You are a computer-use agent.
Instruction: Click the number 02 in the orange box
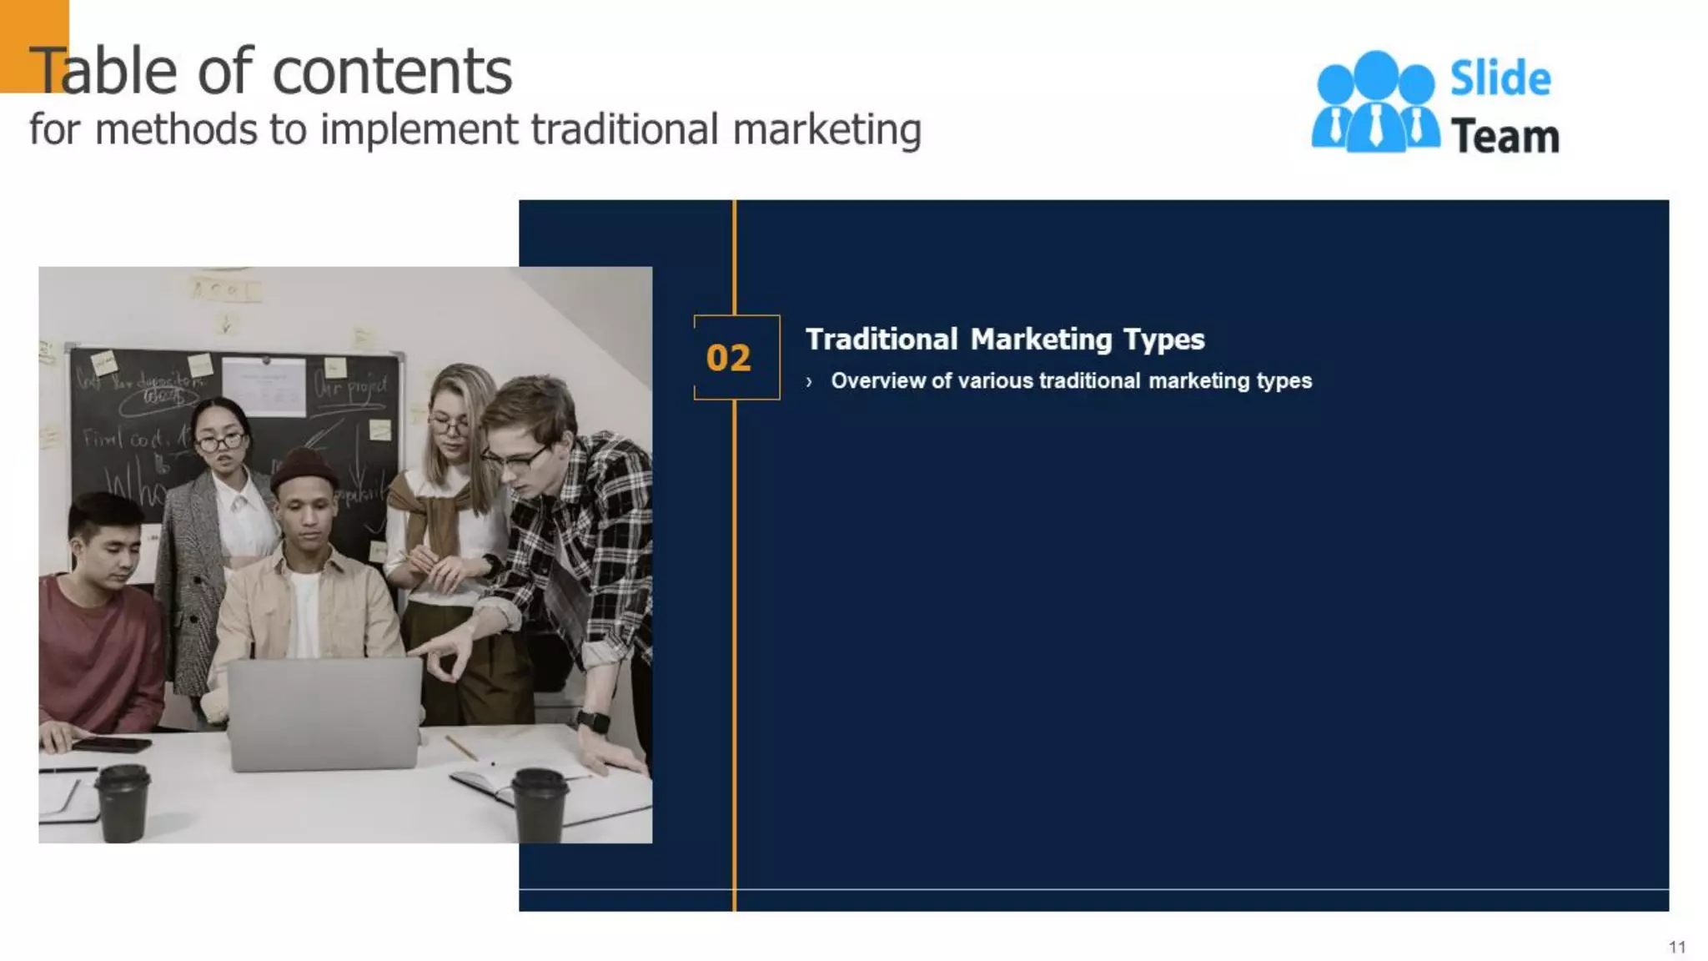tap(728, 358)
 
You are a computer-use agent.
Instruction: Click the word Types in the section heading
tap(1163, 340)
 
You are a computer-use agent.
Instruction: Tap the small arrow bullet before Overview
tap(809, 382)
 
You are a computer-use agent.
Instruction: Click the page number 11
tap(1677, 947)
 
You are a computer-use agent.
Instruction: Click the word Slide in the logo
tap(1500, 78)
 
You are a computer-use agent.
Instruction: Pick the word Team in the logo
tap(1505, 137)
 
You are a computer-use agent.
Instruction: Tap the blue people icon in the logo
tap(1375, 103)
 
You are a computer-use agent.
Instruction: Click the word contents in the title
tap(392, 72)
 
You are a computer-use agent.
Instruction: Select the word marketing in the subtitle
tap(827, 130)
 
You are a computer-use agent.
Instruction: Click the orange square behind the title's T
tap(33, 45)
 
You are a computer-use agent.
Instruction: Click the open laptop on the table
tap(324, 713)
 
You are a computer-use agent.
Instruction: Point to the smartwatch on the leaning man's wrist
tap(592, 721)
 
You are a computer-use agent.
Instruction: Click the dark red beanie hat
tap(304, 470)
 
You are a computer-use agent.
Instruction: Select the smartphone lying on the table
tap(111, 744)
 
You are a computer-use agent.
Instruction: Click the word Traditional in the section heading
tap(882, 340)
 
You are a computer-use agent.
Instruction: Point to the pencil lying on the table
tap(461, 747)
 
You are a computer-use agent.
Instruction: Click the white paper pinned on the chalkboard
tap(264, 386)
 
